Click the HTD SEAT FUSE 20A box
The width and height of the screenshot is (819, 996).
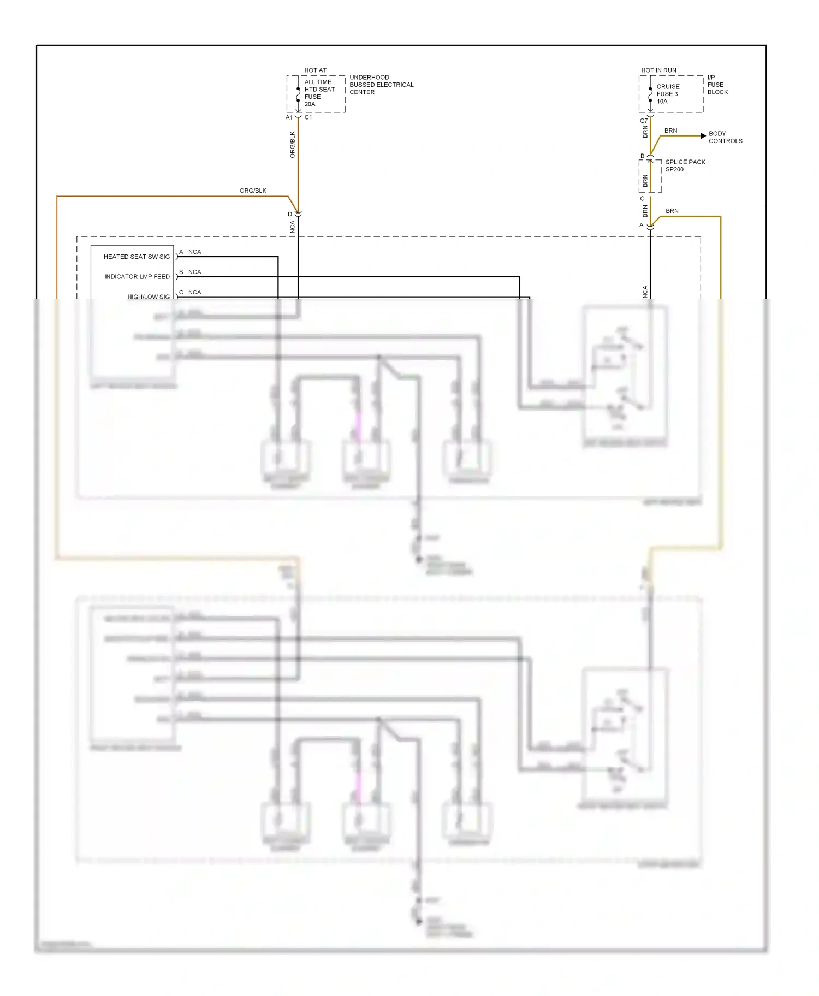(316, 94)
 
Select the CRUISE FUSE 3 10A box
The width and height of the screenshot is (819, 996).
(670, 94)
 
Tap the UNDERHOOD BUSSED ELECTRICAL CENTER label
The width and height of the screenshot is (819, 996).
(381, 85)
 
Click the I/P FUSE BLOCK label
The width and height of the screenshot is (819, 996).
(717, 85)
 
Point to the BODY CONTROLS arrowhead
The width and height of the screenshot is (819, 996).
(703, 136)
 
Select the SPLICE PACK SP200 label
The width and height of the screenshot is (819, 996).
(685, 165)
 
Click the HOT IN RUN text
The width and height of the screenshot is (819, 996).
(658, 70)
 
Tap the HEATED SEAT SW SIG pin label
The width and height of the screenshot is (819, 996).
(136, 257)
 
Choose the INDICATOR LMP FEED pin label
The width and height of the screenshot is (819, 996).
(136, 277)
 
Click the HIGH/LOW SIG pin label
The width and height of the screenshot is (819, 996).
(149, 297)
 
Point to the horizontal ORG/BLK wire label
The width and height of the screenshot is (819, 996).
(253, 191)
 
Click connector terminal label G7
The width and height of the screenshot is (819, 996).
(643, 121)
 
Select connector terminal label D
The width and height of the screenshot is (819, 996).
(290, 214)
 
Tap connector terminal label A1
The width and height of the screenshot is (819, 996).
(289, 117)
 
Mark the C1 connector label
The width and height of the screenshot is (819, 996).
(308, 117)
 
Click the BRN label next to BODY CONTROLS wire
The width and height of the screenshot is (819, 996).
(670, 131)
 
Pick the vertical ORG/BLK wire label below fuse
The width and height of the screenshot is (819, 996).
(292, 145)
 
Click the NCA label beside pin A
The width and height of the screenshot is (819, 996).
(194, 252)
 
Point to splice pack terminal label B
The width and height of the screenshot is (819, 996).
(642, 156)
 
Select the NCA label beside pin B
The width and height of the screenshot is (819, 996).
(194, 272)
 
